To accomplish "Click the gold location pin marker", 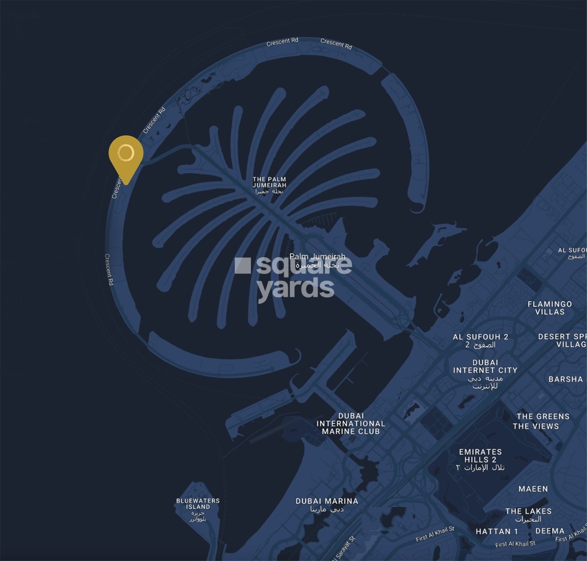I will (126, 154).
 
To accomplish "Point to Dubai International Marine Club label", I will (351, 424).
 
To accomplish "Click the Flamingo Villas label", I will (549, 308).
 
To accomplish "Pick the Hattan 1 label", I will (496, 532).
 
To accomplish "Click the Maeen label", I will (533, 489).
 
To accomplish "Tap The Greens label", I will (543, 417).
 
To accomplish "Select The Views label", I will (536, 426).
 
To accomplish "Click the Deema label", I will (550, 531).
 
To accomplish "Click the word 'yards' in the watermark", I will (296, 288).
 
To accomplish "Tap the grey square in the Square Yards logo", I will (243, 266).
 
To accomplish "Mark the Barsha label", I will (566, 379).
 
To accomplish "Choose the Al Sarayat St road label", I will (343, 548).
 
